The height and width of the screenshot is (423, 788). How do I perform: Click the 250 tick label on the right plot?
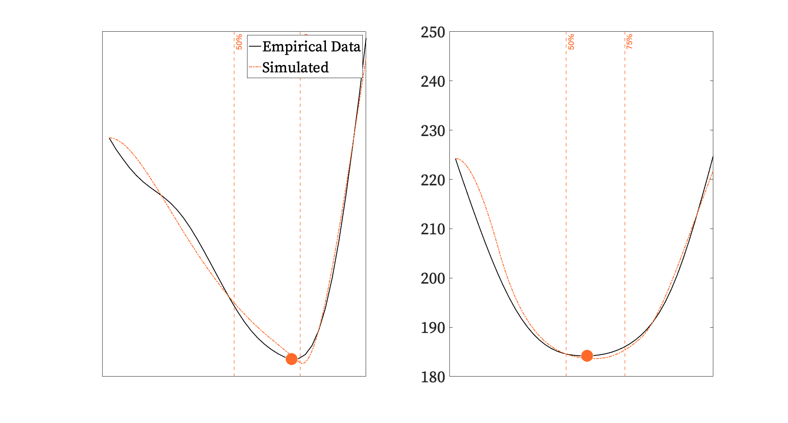[433, 32]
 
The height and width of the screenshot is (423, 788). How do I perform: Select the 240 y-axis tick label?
[433, 81]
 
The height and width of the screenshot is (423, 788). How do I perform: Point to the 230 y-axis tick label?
[433, 131]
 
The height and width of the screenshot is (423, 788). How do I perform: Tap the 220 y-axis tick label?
[433, 180]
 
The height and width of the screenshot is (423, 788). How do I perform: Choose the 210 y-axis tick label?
[433, 229]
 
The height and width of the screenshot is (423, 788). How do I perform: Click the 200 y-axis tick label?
[433, 278]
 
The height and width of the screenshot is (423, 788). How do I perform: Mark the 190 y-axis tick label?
[433, 328]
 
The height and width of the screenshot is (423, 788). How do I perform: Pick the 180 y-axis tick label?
[433, 377]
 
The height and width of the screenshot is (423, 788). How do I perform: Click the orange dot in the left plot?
[291, 359]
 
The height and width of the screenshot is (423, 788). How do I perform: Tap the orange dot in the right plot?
[587, 356]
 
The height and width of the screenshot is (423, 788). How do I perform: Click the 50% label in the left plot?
[239, 42]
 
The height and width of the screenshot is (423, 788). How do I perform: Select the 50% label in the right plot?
[571, 42]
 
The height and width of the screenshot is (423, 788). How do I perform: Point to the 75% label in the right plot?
[629, 42]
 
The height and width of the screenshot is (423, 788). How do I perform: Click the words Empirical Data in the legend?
[311, 46]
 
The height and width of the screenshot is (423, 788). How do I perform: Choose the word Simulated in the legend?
[295, 67]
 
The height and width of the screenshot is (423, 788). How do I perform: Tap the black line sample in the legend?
[255, 46]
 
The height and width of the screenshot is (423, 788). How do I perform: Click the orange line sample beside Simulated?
[255, 67]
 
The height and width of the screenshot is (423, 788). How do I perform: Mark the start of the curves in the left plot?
[110, 138]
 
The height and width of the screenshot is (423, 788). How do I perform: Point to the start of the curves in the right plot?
[456, 159]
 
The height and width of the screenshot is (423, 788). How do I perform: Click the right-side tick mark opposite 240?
[711, 81]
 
